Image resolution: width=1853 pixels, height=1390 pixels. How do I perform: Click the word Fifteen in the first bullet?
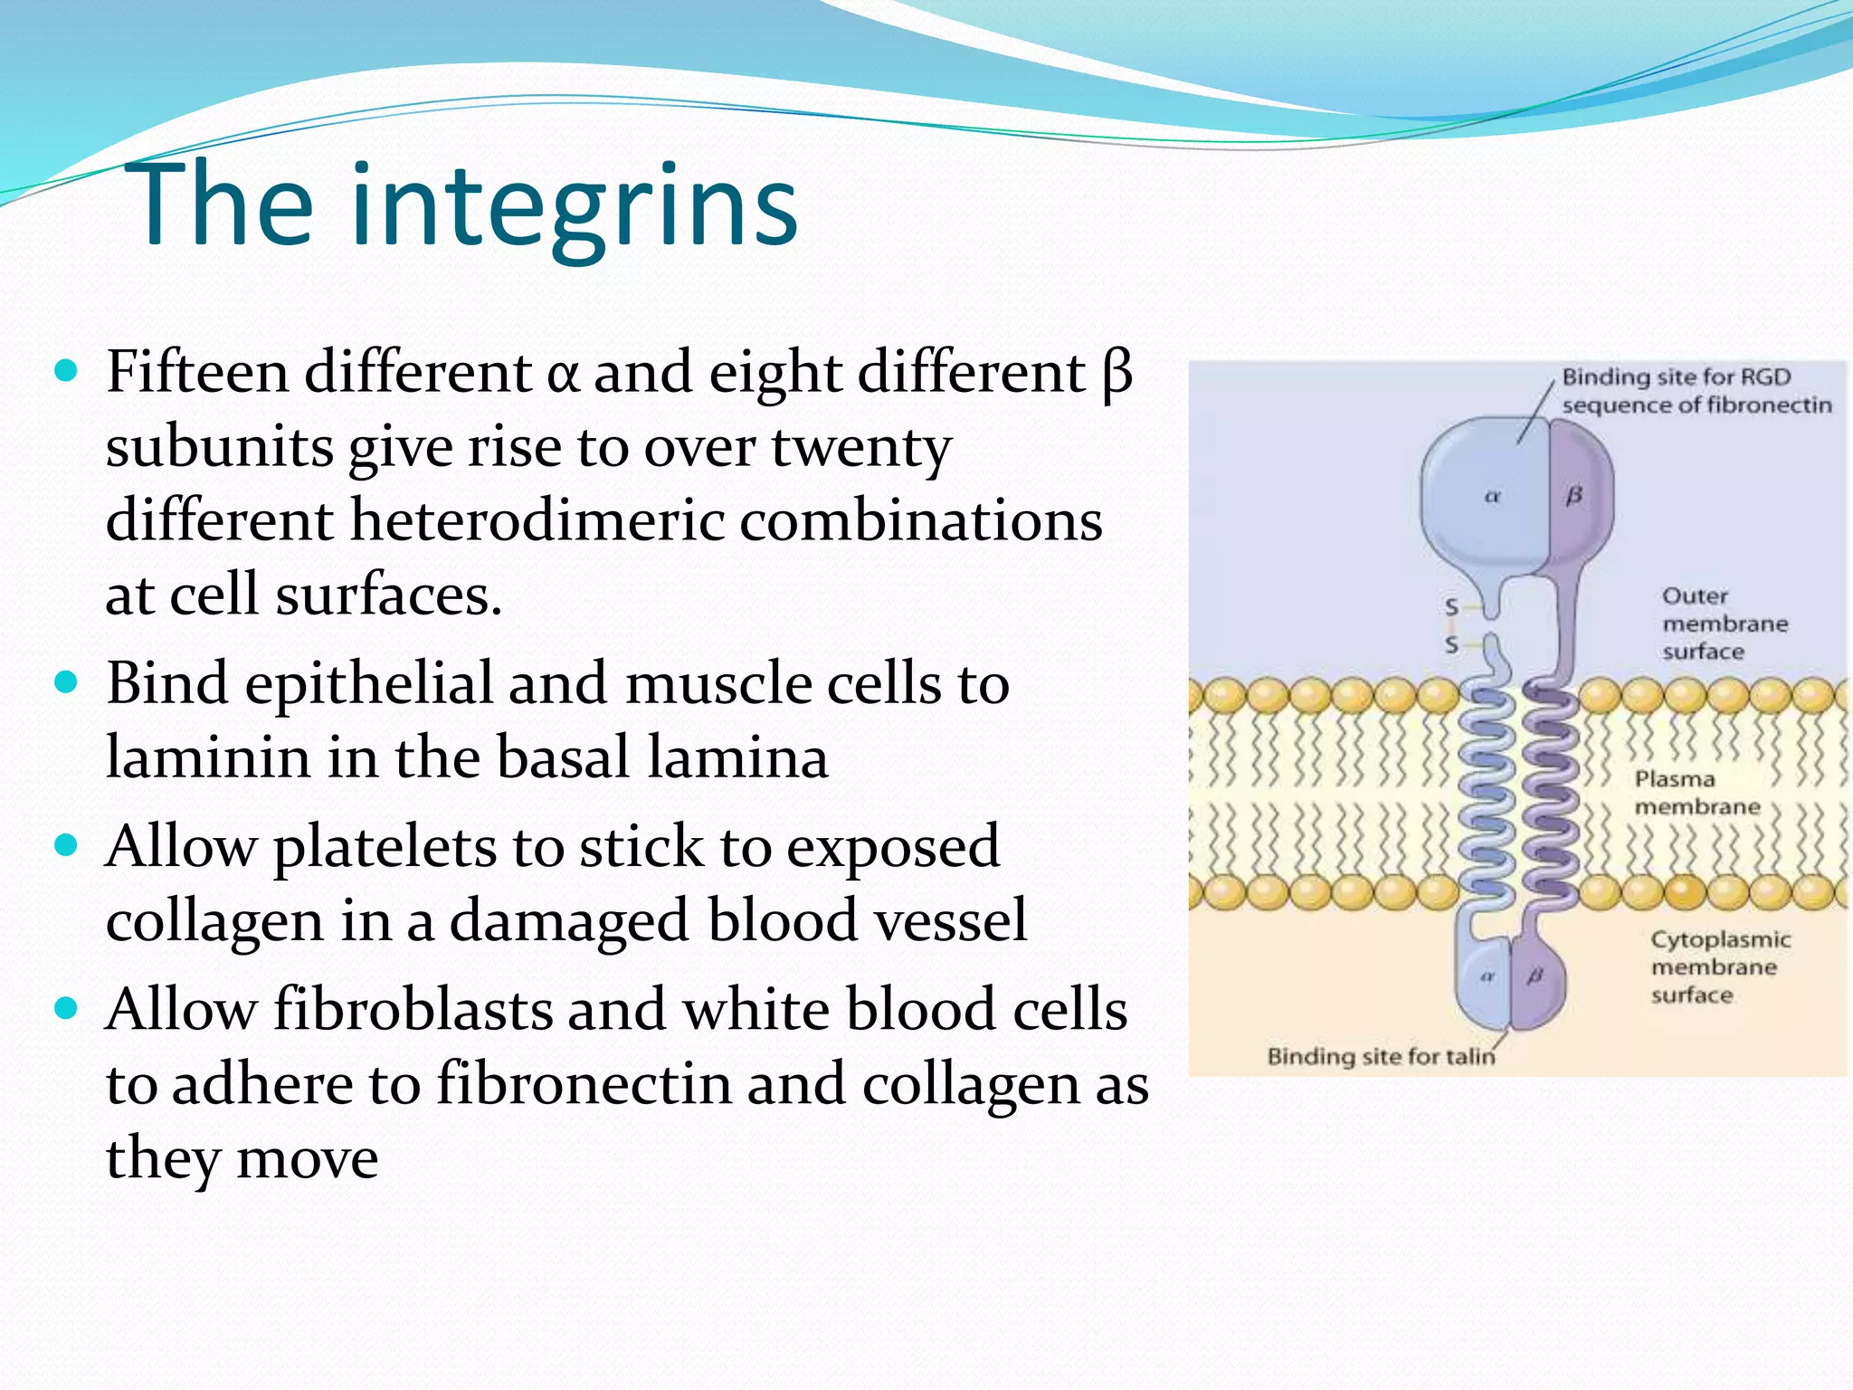pyautogui.click(x=197, y=372)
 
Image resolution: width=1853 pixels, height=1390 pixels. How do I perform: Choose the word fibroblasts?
pyautogui.click(x=413, y=1009)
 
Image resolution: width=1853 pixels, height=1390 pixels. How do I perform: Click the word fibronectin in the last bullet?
pyautogui.click(x=584, y=1084)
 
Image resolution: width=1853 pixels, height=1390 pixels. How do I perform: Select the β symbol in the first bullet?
pyautogui.click(x=1118, y=374)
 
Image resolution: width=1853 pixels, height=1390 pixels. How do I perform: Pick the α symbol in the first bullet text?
pyautogui.click(x=562, y=374)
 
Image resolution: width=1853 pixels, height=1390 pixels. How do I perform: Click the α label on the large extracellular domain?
pyautogui.click(x=1493, y=496)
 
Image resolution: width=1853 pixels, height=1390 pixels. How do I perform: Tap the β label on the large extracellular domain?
pyautogui.click(x=1574, y=495)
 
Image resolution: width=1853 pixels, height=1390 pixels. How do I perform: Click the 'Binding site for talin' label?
pyautogui.click(x=1381, y=1056)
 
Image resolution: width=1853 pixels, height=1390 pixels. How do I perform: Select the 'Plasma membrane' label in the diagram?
pyautogui.click(x=1696, y=793)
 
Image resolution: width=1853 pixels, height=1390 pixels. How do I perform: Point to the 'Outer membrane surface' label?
pyautogui.click(x=1724, y=624)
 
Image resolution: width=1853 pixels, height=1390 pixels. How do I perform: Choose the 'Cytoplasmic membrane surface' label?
pyautogui.click(x=1719, y=966)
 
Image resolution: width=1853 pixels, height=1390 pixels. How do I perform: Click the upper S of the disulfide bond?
pyautogui.click(x=1452, y=607)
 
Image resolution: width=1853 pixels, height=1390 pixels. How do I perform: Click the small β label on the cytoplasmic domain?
pyautogui.click(x=1535, y=976)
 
